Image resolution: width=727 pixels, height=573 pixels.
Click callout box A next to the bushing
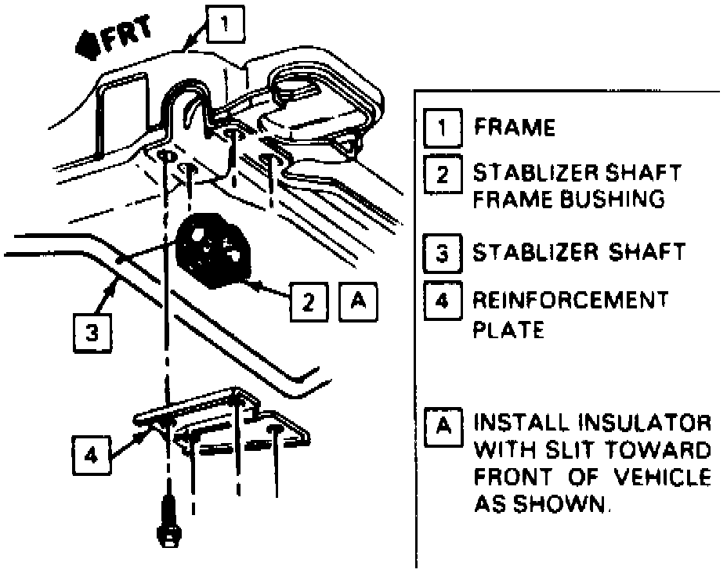click(x=357, y=300)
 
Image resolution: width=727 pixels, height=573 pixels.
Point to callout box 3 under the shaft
click(x=92, y=333)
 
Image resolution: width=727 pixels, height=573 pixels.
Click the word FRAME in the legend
click(x=514, y=128)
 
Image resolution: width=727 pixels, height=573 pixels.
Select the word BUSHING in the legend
click(x=614, y=199)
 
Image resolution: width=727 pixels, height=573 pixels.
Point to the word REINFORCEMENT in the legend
click(x=570, y=300)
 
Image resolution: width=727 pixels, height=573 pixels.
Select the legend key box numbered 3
click(x=443, y=254)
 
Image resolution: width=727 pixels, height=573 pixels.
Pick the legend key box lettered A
click(x=443, y=426)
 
